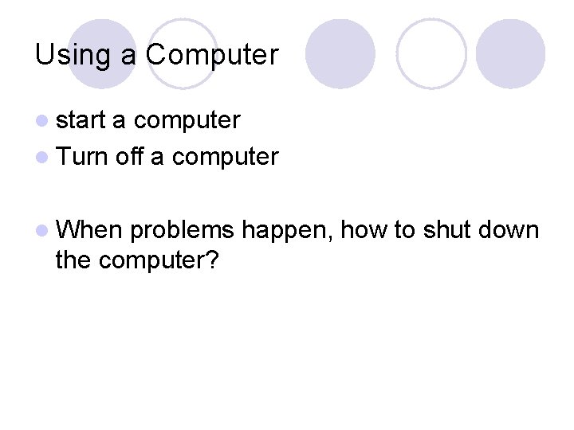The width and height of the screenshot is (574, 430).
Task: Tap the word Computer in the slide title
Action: coord(212,55)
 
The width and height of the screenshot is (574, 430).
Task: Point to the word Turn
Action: coord(82,156)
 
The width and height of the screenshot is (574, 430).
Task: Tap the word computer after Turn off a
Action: coord(225,157)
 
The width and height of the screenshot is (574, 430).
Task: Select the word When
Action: coord(88,230)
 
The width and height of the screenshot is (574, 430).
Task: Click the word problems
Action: coord(182,230)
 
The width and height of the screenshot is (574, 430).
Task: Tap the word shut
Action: coord(446,230)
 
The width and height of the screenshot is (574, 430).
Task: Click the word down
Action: coord(509,230)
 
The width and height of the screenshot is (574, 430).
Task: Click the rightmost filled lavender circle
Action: coord(510,53)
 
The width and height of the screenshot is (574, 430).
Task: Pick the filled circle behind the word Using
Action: coord(101,53)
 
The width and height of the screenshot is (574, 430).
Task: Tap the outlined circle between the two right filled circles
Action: coord(431,53)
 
